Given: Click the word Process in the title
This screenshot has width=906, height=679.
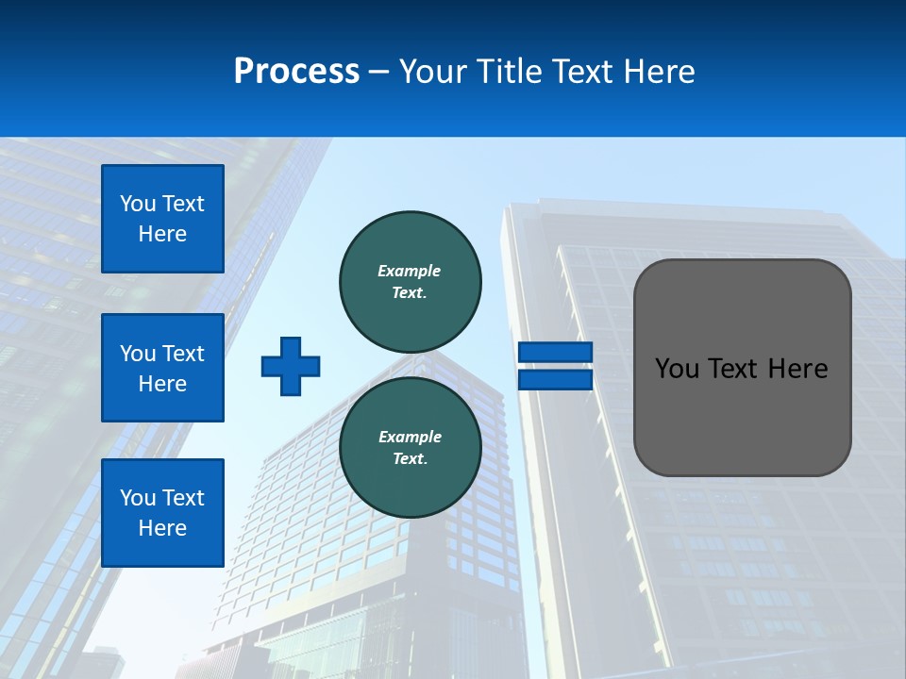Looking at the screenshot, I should tap(296, 72).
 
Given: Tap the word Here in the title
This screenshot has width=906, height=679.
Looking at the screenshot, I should tap(658, 72).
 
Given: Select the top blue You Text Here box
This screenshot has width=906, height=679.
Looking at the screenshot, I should tap(162, 219).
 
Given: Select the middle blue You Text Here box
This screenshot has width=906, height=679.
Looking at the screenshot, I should tap(162, 368).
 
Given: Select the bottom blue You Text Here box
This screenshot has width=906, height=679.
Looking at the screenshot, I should tap(162, 512).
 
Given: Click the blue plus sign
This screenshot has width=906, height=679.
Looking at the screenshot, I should tap(291, 366).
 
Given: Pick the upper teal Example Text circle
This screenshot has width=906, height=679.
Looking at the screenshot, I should tap(411, 282).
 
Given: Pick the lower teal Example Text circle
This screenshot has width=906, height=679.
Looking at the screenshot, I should tap(411, 448).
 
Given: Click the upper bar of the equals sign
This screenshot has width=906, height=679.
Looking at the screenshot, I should tap(555, 352).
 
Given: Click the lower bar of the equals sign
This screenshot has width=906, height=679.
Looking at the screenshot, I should tap(555, 380).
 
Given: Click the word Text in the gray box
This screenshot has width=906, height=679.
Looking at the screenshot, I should tap(731, 369).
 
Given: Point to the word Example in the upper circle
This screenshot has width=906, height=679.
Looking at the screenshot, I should tap(409, 271).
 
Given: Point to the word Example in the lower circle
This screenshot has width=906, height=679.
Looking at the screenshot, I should tap(410, 437).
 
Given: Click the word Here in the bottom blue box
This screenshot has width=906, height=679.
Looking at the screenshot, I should tap(162, 528).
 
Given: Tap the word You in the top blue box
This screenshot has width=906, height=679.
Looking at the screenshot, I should tap(138, 204).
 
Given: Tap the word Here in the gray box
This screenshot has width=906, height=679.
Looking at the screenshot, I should tap(797, 369).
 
